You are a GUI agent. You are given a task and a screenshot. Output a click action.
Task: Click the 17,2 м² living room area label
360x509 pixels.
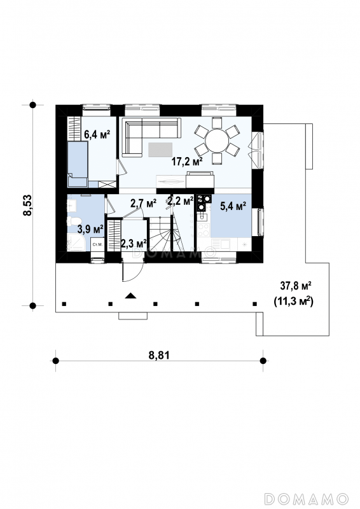coord(187,161)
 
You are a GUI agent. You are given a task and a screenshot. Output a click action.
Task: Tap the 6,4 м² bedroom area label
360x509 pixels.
coord(97,134)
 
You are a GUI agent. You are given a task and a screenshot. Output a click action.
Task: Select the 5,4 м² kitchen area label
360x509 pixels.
coord(233,206)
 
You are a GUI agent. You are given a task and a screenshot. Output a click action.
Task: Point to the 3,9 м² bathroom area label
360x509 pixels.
coord(90,230)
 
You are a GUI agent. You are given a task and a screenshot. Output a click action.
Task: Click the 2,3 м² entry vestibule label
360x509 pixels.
coord(134,244)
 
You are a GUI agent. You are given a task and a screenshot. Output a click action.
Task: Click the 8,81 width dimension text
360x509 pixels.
coord(159,355)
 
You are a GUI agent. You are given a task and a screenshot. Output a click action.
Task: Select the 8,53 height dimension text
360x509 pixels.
coord(27,205)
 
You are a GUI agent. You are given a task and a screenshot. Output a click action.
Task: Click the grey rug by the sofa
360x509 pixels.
coord(160,150)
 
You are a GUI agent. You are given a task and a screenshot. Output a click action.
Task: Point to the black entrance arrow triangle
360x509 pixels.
coord(130,295)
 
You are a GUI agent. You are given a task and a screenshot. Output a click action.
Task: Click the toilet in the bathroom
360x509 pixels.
coord(73,221)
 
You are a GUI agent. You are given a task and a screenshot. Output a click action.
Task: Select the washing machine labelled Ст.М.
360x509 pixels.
coord(97,245)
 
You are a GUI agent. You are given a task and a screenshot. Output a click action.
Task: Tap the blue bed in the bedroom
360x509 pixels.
coord(78,164)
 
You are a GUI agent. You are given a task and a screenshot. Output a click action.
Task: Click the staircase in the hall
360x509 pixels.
coord(160,235)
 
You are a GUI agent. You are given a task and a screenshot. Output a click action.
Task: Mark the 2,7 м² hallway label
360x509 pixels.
coord(144,204)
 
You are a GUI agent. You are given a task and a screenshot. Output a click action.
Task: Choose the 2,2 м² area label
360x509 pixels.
coord(181,201)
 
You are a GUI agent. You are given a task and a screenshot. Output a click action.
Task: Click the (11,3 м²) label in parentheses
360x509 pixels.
coord(294,302)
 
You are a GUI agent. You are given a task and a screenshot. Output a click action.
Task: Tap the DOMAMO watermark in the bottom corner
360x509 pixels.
coord(307,498)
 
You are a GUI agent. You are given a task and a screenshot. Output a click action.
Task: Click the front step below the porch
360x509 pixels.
coord(133,316)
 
